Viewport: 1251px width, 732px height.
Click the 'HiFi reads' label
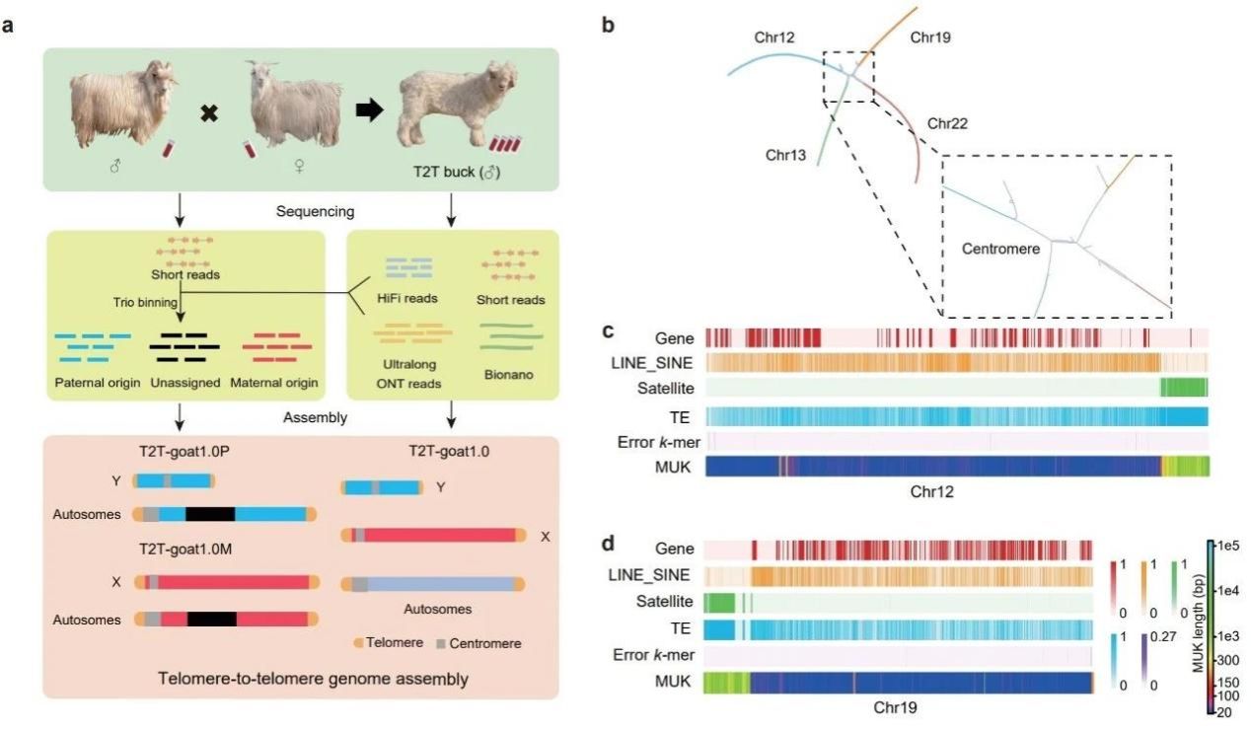pos(407,298)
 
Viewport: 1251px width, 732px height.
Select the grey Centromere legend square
pos(443,643)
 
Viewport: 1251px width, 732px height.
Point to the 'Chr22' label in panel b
pos(947,124)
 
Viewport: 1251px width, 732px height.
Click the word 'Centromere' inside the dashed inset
pos(1001,250)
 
